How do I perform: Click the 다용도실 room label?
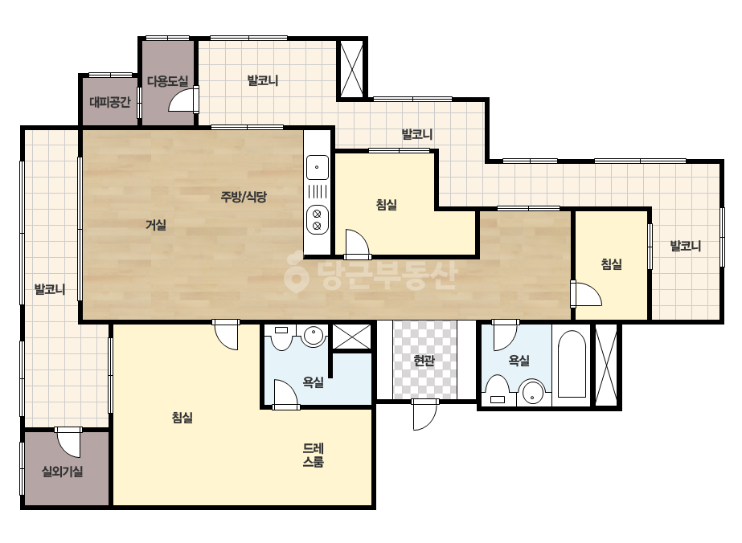coord(167,81)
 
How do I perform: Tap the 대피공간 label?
coord(110,102)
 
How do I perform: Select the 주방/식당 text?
coord(244,196)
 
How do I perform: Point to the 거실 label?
coord(156,225)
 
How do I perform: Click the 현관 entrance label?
coord(424,361)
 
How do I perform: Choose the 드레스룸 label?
coord(314,455)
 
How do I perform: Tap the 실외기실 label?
coord(63,472)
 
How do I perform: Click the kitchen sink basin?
coord(317,167)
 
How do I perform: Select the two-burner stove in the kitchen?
coord(317,219)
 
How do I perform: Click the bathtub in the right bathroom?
coord(572,364)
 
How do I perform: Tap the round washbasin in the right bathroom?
coord(533,392)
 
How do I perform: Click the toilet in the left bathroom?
coord(281,337)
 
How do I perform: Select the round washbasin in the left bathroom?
coord(314,336)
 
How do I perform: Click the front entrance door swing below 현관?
coord(424,414)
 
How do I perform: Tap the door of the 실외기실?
coord(69,443)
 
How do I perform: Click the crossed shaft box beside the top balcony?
coord(352,68)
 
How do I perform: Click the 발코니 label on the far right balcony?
coord(685,246)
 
